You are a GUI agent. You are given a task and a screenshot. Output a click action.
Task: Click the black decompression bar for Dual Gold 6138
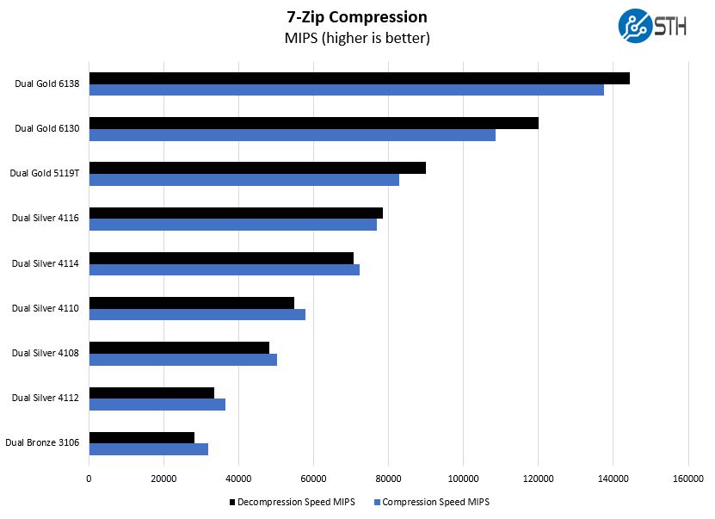pos(359,78)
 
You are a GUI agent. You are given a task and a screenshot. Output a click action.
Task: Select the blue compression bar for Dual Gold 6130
pos(292,135)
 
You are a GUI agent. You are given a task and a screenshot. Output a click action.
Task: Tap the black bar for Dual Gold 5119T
pos(257,168)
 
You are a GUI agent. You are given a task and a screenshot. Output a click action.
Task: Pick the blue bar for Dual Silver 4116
pos(232,225)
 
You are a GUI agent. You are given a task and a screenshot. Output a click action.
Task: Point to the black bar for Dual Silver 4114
pos(221,258)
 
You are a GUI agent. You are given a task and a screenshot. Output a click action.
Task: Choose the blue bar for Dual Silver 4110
pos(197,315)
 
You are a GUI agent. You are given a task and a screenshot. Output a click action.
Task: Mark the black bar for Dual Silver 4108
pos(179,348)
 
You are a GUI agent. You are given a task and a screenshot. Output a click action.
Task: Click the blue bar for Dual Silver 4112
pos(157,405)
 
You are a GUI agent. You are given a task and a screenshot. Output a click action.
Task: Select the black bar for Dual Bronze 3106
pos(141,437)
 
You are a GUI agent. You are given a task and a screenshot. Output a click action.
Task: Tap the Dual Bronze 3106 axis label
pos(42,443)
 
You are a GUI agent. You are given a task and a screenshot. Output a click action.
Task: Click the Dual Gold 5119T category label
pos(44,173)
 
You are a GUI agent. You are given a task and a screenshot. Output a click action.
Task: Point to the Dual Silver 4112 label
pos(46,398)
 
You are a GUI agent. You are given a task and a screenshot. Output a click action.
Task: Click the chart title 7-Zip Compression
pos(356,17)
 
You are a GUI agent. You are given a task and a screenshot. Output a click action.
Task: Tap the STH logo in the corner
pos(651,26)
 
